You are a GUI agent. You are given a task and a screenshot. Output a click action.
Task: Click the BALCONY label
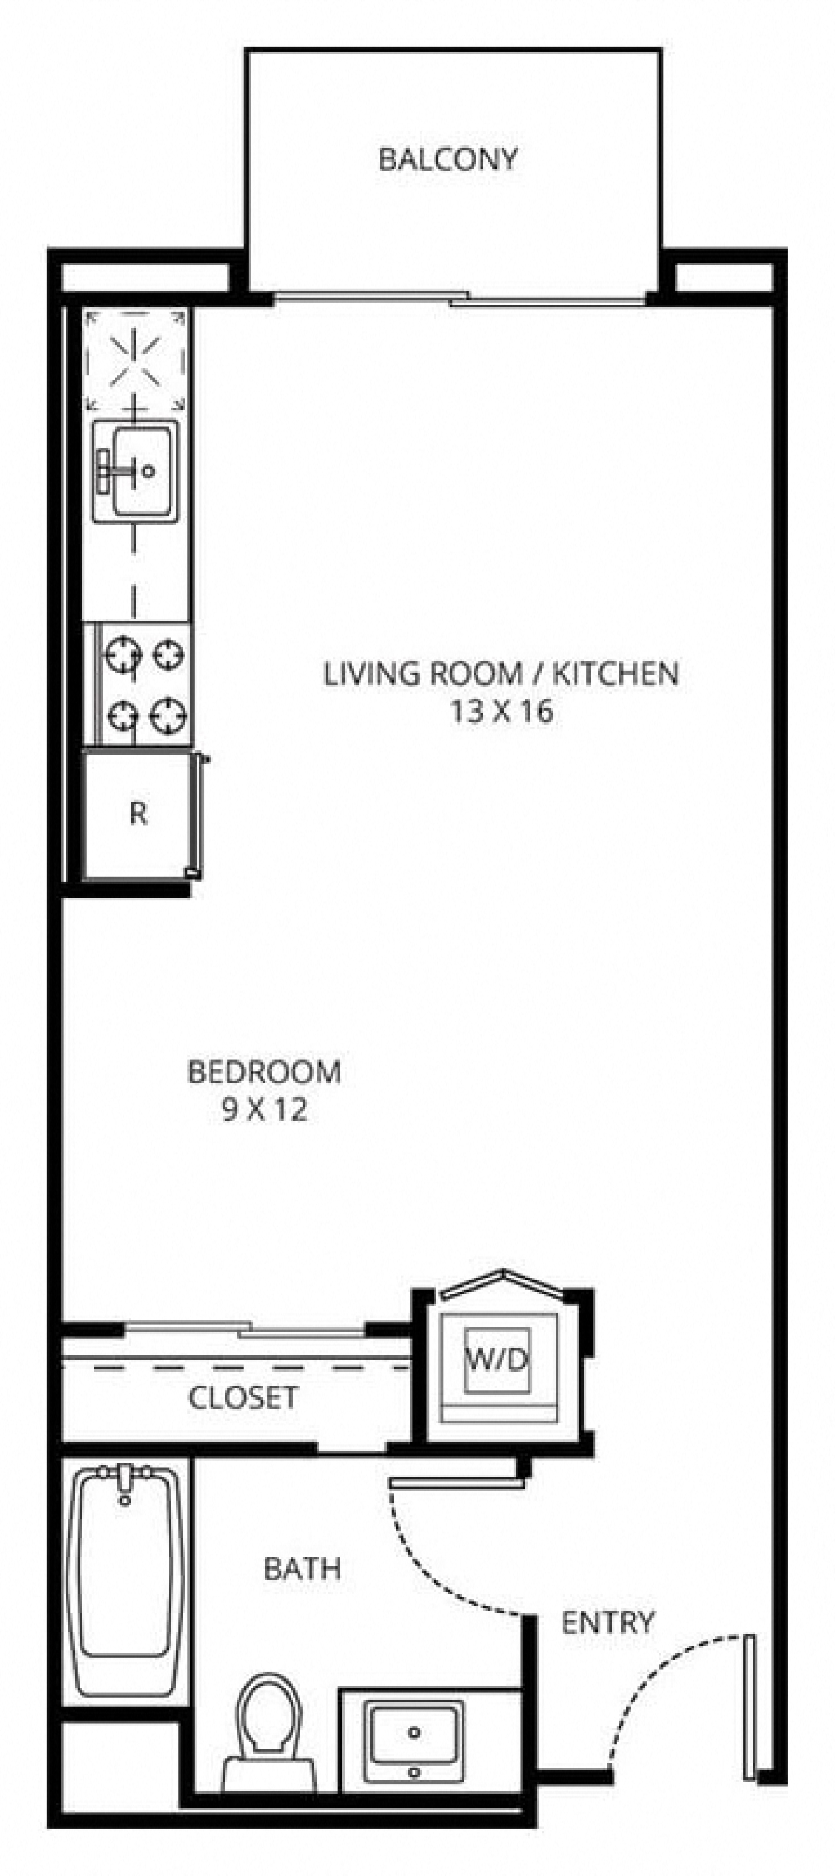pyautogui.click(x=448, y=159)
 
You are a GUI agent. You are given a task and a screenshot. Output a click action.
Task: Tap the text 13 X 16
pyautogui.click(x=501, y=711)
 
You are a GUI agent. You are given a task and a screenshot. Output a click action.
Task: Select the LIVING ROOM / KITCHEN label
pyautogui.click(x=501, y=673)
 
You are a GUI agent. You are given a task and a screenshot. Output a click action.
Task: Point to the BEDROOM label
pyautogui.click(x=264, y=1072)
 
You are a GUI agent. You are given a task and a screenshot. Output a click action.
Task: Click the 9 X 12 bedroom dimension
pyautogui.click(x=264, y=1110)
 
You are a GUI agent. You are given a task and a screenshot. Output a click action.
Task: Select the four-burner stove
pyautogui.click(x=144, y=685)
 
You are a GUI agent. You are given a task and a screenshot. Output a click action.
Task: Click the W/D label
pyautogui.click(x=498, y=1358)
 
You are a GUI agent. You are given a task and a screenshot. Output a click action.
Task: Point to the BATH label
pyautogui.click(x=302, y=1568)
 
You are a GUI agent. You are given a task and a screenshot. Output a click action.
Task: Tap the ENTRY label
pyautogui.click(x=608, y=1623)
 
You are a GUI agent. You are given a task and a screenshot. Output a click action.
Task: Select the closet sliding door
pyautogui.click(x=244, y=1330)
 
